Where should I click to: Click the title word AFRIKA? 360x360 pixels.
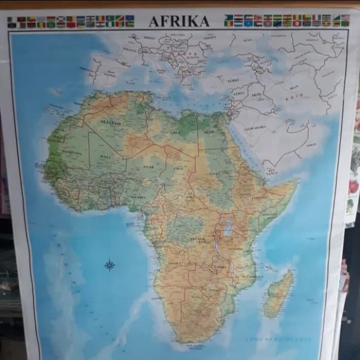pyautogui.click(x=179, y=22)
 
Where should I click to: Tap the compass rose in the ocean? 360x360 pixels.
pyautogui.click(x=110, y=265)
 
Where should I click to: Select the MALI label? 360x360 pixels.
pyautogui.click(x=105, y=156)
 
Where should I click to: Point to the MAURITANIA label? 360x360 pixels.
pyautogui.click(x=71, y=152)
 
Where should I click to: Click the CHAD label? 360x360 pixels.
pyautogui.click(x=178, y=168)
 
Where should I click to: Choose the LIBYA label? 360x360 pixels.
pyautogui.click(x=175, y=132)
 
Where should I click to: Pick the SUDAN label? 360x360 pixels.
pyautogui.click(x=213, y=173)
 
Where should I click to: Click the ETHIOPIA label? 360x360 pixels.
pyautogui.click(x=260, y=197)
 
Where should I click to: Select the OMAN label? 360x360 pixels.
pyautogui.click(x=311, y=145)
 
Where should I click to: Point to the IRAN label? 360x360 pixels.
pyautogui.click(x=294, y=87)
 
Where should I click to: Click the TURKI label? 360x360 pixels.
pyautogui.click(x=233, y=81)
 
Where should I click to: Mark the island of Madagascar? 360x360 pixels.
pyautogui.click(x=279, y=294)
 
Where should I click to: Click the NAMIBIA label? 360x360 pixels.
pyautogui.click(x=157, y=298)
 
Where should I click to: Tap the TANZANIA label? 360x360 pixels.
pyautogui.click(x=236, y=248)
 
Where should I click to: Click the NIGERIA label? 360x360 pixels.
pyautogui.click(x=139, y=196)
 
